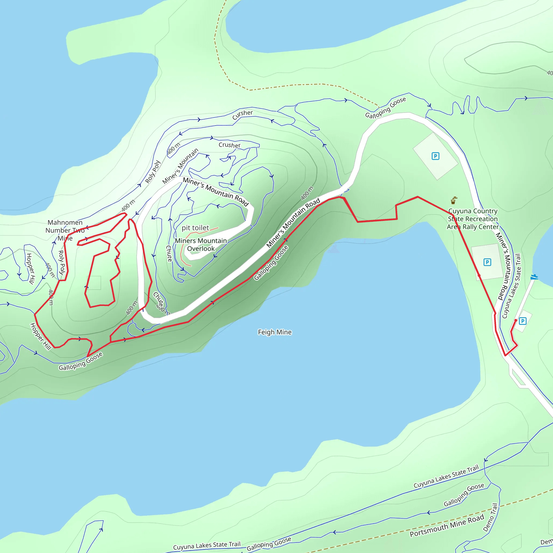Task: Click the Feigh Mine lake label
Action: point(275,332)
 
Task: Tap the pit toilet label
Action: point(195,228)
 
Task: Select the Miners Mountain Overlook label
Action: point(201,244)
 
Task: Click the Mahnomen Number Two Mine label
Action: point(65,230)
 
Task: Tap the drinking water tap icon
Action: point(453,200)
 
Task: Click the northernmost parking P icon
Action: point(435,156)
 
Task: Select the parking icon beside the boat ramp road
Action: point(522,321)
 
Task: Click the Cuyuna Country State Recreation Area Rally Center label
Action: point(473,219)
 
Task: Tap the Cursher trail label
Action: point(242,114)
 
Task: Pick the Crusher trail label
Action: point(229,145)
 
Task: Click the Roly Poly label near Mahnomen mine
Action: point(62,262)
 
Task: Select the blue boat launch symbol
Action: point(534,277)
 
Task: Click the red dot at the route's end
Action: point(516,320)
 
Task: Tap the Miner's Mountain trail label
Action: point(180,166)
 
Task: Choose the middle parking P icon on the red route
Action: point(487,262)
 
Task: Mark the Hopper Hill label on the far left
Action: point(30,268)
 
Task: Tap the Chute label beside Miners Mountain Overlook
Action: point(169,253)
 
